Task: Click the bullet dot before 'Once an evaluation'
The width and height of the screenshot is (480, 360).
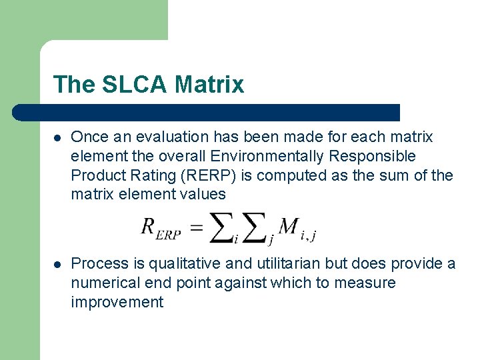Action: (58, 137)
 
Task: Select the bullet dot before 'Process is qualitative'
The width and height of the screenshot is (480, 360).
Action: (58, 264)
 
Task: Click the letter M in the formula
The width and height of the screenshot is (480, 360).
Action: (288, 227)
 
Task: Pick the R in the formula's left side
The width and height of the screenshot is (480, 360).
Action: (148, 227)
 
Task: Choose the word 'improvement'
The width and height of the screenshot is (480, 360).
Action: (117, 303)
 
